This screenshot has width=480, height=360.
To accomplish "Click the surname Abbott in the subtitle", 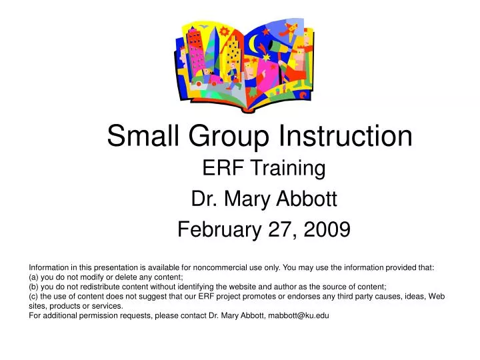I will pyautogui.click(x=309, y=199).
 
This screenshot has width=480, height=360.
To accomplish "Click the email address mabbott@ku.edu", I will pyautogui.click(x=298, y=316).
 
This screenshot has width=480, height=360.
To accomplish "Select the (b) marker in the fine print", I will pyautogui.click(x=34, y=287).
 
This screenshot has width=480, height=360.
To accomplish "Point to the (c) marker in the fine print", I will pyautogui.click(x=34, y=297).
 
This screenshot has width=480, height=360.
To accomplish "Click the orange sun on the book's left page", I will pyautogui.click(x=225, y=31).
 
